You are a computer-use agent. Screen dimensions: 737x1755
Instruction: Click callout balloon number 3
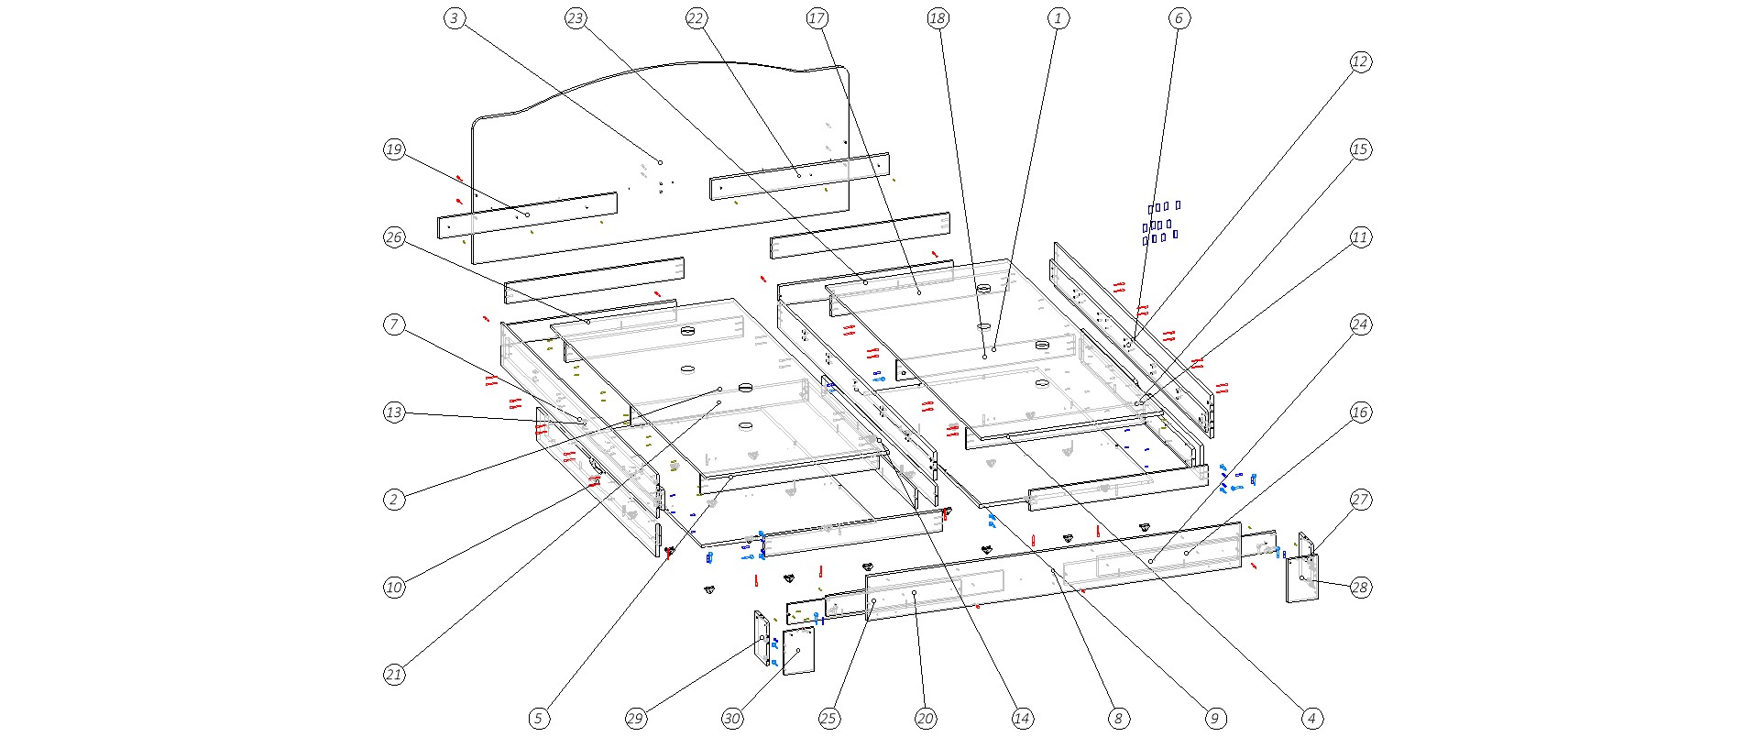click(455, 18)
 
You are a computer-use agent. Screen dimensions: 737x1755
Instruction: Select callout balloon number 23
click(576, 18)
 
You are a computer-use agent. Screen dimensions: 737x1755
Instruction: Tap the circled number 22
click(697, 18)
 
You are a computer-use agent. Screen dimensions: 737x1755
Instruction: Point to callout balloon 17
click(817, 18)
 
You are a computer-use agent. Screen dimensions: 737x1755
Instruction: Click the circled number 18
click(938, 18)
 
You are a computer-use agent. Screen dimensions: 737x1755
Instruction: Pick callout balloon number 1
click(1058, 18)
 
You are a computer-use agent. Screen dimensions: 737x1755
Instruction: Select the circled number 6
click(1179, 18)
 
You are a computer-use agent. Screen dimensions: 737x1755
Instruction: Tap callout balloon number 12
click(1361, 61)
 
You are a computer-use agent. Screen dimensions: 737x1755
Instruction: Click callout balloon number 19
click(394, 149)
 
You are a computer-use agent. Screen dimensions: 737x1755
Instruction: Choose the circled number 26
click(394, 237)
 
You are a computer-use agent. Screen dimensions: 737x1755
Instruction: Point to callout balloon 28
click(1361, 588)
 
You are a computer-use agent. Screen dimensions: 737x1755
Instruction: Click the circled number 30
click(732, 719)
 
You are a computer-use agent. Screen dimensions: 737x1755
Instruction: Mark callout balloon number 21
click(394, 675)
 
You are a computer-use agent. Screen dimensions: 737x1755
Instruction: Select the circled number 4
click(1312, 719)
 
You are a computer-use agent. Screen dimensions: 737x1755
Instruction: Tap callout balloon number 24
click(1361, 324)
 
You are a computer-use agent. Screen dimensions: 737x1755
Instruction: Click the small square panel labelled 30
click(799, 651)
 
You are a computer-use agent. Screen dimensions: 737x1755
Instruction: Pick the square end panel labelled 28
click(1302, 577)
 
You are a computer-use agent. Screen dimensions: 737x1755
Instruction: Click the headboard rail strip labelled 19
click(527, 215)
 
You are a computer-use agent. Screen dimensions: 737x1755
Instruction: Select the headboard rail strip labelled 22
click(799, 176)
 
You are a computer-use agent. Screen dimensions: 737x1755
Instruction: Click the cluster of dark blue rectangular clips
click(1160, 222)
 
